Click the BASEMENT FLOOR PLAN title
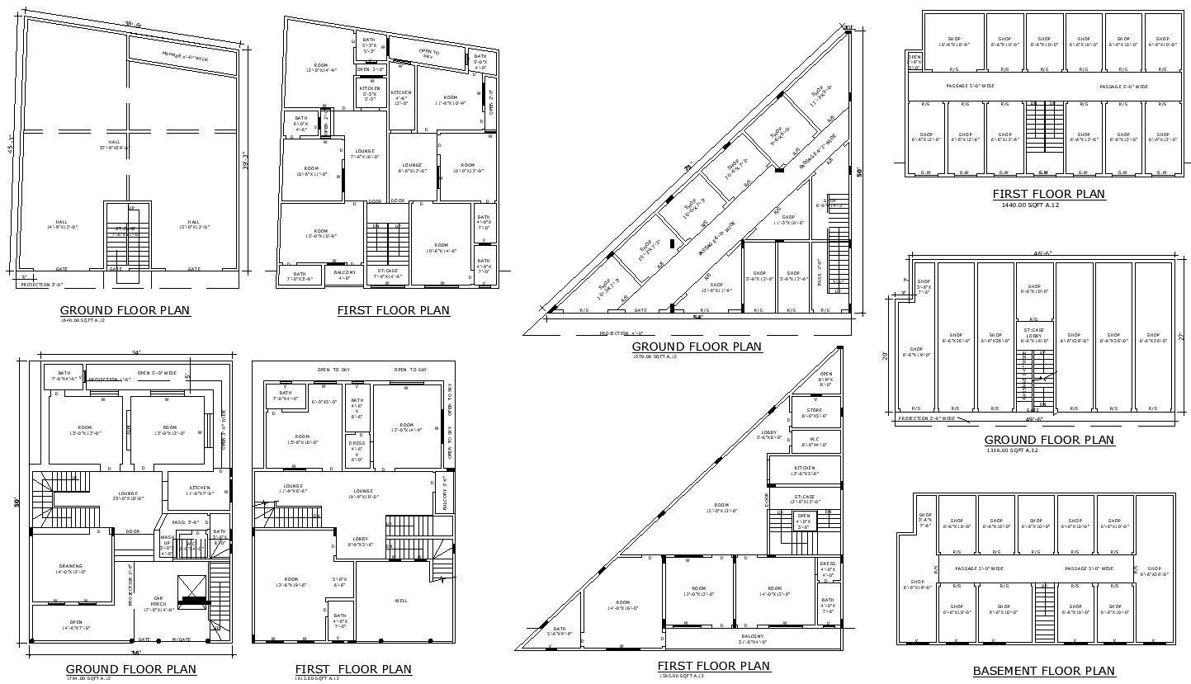[x=1043, y=671]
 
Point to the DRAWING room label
[x=71, y=568]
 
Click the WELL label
[x=401, y=601]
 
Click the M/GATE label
[x=182, y=639]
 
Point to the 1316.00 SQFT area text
[x=1012, y=450]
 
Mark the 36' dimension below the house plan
[x=134, y=653]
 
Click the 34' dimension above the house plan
[x=135, y=353]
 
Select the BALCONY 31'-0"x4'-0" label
[x=752, y=638]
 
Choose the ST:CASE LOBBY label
[x=1033, y=333]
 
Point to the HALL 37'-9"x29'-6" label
[x=116, y=144]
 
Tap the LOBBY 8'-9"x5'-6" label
[x=360, y=544]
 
